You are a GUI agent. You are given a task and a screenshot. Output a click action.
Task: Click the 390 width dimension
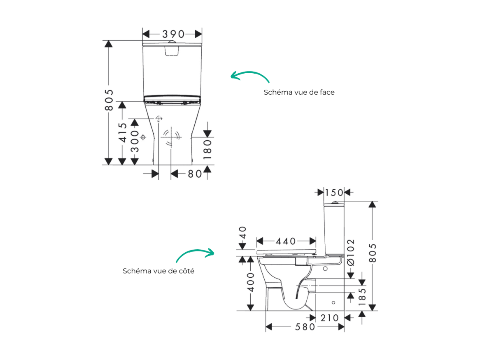point(173,34)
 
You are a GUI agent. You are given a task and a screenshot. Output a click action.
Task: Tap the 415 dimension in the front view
point(122,132)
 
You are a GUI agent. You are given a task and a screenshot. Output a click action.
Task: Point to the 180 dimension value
point(207,149)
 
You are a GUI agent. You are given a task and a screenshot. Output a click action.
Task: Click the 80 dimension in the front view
point(195,174)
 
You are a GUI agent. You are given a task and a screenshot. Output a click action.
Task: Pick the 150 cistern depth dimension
point(334,193)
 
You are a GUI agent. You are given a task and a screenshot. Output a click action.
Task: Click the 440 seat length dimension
point(286,242)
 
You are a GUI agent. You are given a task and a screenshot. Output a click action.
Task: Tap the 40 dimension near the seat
point(242,233)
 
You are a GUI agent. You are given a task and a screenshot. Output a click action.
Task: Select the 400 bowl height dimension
point(251,282)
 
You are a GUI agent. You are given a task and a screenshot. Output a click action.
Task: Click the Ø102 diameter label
point(351,252)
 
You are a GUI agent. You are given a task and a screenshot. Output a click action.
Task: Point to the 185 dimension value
point(362,296)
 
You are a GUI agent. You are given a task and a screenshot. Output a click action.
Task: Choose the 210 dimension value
point(329,318)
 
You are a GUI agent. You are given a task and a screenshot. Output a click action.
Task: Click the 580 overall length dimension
point(305,327)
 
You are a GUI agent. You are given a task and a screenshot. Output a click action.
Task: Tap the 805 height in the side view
point(373,253)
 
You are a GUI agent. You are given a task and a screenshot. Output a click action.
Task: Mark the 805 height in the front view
point(109,100)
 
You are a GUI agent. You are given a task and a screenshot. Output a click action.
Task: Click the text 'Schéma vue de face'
point(299,92)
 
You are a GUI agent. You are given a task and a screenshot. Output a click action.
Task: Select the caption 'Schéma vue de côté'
point(158,271)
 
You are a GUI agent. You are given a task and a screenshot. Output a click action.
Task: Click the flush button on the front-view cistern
point(172,42)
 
